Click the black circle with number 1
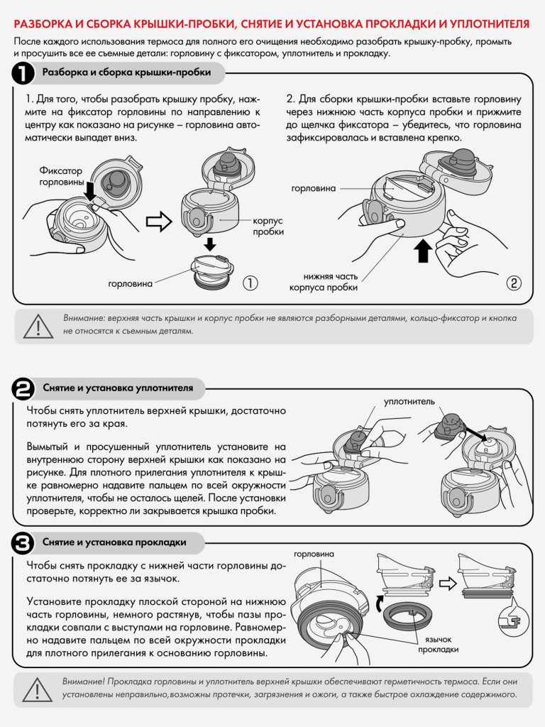point(23,73)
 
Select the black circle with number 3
point(23,543)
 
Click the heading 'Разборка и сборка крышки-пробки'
point(126,72)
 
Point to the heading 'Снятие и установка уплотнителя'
point(118,388)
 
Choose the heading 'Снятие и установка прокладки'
point(114,542)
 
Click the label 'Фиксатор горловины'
point(61,177)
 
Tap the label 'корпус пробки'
point(268,226)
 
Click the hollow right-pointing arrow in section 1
point(158,222)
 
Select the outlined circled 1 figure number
point(251,283)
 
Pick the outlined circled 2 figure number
point(514,283)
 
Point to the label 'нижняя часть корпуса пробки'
point(324,282)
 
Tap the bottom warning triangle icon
point(38,689)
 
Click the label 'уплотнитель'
point(409,402)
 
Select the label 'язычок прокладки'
point(438,645)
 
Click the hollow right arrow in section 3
point(447,584)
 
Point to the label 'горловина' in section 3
point(314,554)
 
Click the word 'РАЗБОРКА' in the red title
point(43,24)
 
